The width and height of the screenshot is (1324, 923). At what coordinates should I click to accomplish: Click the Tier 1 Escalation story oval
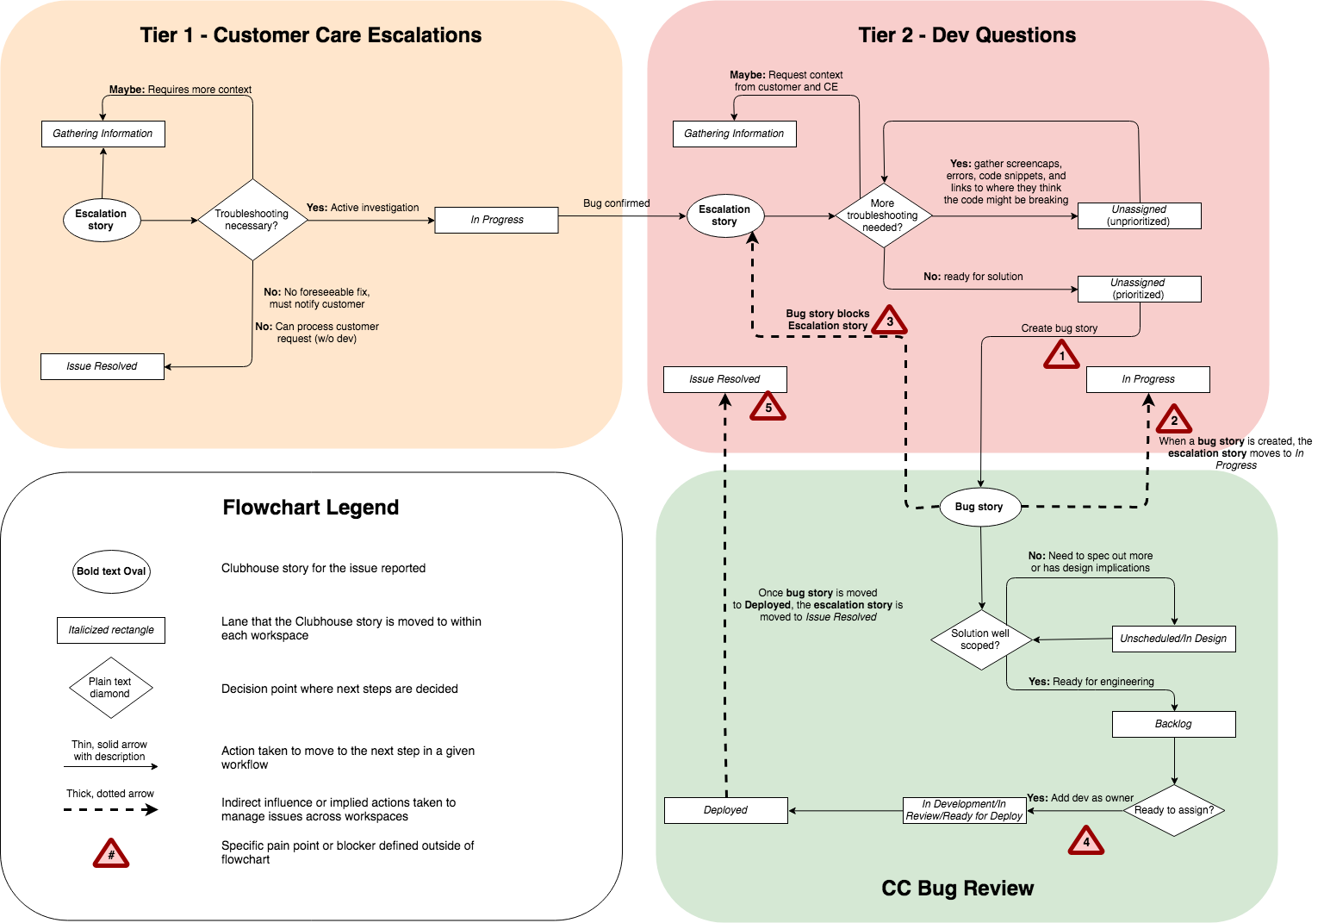[x=101, y=220]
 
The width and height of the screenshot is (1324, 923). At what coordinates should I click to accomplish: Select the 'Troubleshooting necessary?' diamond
[x=252, y=220]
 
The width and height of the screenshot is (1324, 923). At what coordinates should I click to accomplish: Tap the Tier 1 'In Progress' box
[x=496, y=220]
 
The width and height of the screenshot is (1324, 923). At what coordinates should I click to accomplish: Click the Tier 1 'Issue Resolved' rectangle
[x=102, y=366]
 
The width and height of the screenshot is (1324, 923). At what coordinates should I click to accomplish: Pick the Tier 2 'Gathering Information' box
[x=734, y=134]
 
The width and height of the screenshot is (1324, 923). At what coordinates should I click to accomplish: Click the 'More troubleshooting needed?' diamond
[x=883, y=215]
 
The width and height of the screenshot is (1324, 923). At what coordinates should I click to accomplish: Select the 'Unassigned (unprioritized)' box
[x=1139, y=215]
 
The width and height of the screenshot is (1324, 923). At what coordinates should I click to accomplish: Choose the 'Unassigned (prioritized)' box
[x=1139, y=289]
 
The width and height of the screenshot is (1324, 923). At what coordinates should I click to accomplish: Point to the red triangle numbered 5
[x=768, y=408]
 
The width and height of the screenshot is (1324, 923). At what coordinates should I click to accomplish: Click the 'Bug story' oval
[x=979, y=507]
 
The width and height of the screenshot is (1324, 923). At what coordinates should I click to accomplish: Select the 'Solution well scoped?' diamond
[x=980, y=639]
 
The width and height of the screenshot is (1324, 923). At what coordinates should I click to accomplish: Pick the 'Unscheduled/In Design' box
[x=1173, y=639]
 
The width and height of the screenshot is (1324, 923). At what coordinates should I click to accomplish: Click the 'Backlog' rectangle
[x=1173, y=724]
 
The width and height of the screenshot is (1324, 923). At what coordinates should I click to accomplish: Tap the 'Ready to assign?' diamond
[x=1173, y=810]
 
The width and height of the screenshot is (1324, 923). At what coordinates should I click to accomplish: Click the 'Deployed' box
[x=725, y=810]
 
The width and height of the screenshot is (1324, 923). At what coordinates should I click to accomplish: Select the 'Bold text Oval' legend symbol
[x=111, y=571]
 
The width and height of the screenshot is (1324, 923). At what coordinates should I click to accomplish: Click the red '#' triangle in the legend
[x=111, y=854]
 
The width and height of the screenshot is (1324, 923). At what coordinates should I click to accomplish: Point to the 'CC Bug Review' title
[x=957, y=889]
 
